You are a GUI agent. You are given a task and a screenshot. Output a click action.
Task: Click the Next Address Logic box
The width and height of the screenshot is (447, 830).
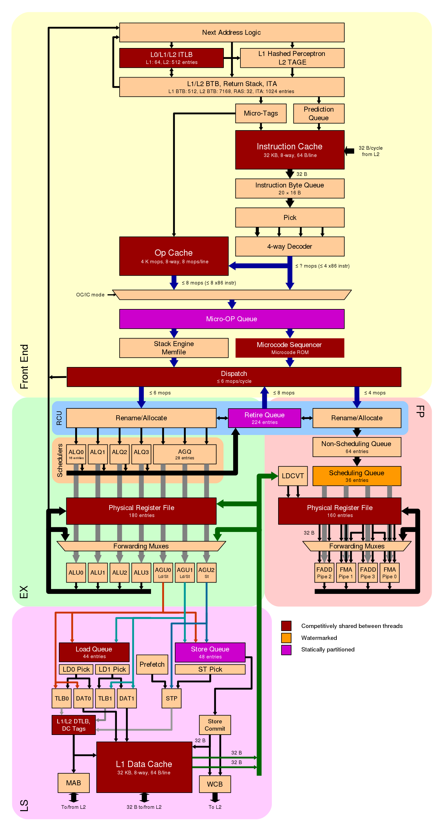(x=232, y=32)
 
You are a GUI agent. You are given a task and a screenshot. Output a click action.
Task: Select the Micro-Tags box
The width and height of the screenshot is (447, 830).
(x=261, y=113)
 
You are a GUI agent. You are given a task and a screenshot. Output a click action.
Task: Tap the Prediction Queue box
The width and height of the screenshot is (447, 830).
(x=319, y=114)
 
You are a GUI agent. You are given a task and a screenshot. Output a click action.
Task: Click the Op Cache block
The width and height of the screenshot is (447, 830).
(x=174, y=256)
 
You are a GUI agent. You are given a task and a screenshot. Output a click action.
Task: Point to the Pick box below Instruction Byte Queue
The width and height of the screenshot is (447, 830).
(x=290, y=218)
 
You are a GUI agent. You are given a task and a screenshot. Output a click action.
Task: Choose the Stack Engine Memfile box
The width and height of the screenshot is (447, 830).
(x=174, y=348)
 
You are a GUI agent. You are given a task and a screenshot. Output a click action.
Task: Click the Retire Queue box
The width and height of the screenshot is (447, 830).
(x=264, y=418)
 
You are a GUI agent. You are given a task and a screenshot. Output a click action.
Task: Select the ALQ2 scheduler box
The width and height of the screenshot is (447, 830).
(x=120, y=454)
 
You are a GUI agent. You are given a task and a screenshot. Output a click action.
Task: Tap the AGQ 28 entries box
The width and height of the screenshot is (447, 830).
(x=185, y=454)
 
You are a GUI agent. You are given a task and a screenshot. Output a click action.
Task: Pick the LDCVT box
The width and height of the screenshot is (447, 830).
(x=293, y=476)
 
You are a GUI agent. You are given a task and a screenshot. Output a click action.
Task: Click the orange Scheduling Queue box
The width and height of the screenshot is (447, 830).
(x=357, y=476)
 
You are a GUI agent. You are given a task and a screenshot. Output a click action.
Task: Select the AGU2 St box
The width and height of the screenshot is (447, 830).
(x=206, y=572)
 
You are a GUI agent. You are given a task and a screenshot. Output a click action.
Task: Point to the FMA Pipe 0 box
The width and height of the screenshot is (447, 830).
(x=389, y=572)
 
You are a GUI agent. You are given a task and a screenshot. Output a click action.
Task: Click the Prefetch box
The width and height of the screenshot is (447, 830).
(x=152, y=664)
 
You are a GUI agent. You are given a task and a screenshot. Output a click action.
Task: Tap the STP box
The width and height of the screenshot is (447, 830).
(x=172, y=698)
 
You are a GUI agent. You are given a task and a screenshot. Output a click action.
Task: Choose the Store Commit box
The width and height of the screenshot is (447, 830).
(x=215, y=725)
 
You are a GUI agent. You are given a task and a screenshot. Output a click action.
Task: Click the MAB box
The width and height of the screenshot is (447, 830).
(x=74, y=783)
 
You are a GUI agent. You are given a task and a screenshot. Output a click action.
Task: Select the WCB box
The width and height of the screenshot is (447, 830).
(x=215, y=784)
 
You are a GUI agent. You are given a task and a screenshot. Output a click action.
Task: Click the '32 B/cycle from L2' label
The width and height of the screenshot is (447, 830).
(x=371, y=151)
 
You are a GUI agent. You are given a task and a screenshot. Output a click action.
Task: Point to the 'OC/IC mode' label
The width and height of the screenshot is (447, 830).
(x=90, y=295)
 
